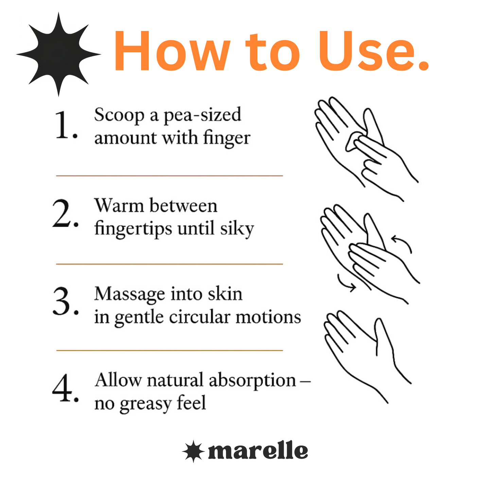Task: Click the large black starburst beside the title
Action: click(58, 54)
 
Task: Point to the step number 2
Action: click(66, 213)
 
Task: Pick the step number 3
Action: click(66, 301)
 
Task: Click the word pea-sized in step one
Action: click(202, 116)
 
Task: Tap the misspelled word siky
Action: click(237, 228)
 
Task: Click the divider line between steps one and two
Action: click(170, 176)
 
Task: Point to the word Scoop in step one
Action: click(119, 116)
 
